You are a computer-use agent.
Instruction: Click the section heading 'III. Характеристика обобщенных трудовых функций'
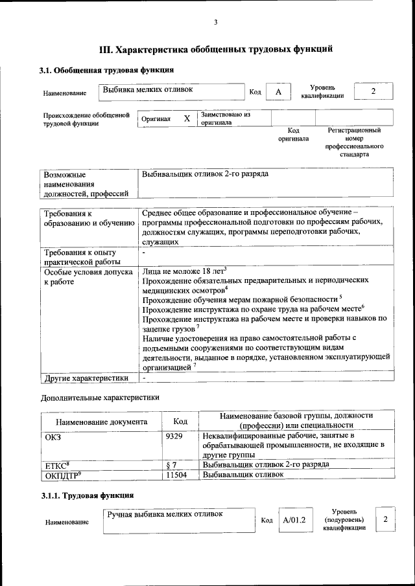point(216,49)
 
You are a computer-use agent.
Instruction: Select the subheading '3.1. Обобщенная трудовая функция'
point(107,70)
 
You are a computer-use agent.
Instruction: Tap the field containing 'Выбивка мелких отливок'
point(172,92)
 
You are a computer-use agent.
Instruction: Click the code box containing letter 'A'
point(278,92)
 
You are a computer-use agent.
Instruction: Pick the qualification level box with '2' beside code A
point(373,91)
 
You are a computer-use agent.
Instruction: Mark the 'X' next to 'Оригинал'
point(187,118)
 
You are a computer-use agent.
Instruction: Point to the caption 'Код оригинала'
point(293,134)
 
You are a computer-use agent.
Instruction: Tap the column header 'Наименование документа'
point(101,422)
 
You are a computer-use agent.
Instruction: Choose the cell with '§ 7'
point(172,464)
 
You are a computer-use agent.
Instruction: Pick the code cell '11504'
point(177,475)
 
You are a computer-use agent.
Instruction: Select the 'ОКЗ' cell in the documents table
point(53,436)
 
